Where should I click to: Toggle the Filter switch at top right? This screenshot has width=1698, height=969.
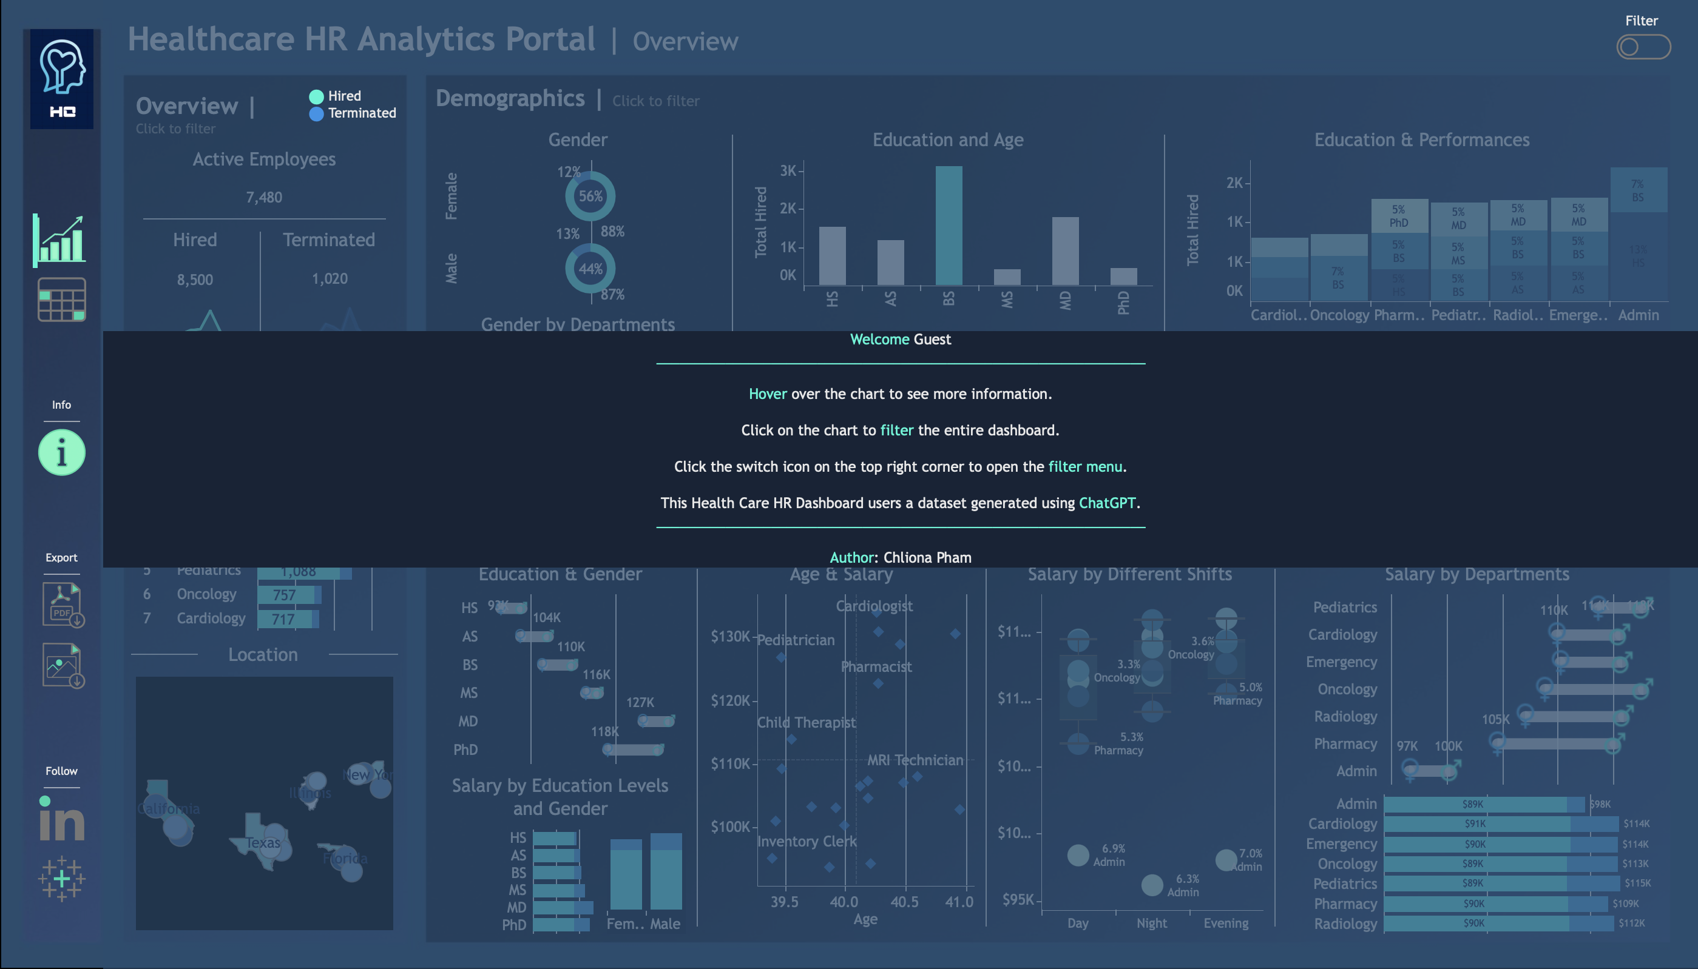coord(1643,47)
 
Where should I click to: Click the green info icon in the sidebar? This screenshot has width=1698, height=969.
coord(61,452)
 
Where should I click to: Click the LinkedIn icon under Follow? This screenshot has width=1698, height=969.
coord(61,820)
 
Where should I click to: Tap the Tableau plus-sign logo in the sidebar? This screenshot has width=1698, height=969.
coord(61,879)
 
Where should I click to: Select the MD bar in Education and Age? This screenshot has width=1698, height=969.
coord(1065,251)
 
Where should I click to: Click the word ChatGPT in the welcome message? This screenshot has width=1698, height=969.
coord(1107,503)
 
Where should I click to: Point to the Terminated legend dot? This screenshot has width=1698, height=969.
coord(316,114)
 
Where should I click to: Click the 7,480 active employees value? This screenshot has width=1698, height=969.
coord(264,198)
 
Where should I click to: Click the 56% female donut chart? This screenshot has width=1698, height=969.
coord(590,196)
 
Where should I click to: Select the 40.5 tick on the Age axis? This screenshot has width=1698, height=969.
coord(904,902)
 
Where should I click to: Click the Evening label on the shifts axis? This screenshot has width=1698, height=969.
coord(1225,923)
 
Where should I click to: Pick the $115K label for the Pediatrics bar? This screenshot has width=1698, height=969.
coord(1637,883)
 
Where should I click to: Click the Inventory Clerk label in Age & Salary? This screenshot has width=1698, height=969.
coord(807,841)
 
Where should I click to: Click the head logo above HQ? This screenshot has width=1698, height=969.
coord(62,67)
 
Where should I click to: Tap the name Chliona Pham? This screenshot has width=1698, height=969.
coord(927,558)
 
